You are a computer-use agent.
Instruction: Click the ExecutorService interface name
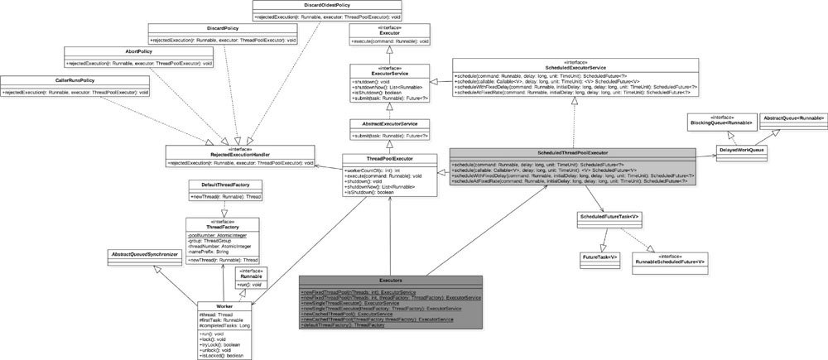pos(388,73)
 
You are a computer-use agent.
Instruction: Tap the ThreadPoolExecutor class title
pos(388,158)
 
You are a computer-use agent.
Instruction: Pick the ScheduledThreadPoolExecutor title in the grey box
pos(575,154)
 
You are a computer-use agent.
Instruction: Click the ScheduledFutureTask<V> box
pos(613,217)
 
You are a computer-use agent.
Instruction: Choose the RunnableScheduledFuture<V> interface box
pos(670,260)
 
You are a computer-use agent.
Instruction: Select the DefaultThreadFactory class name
pos(219,184)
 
